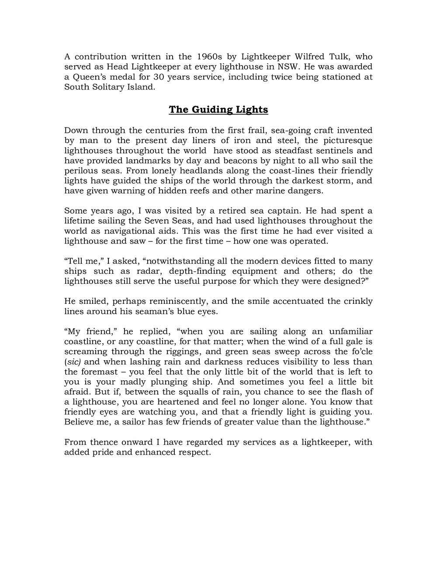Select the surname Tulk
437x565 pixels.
pyautogui.click(x=334, y=57)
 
